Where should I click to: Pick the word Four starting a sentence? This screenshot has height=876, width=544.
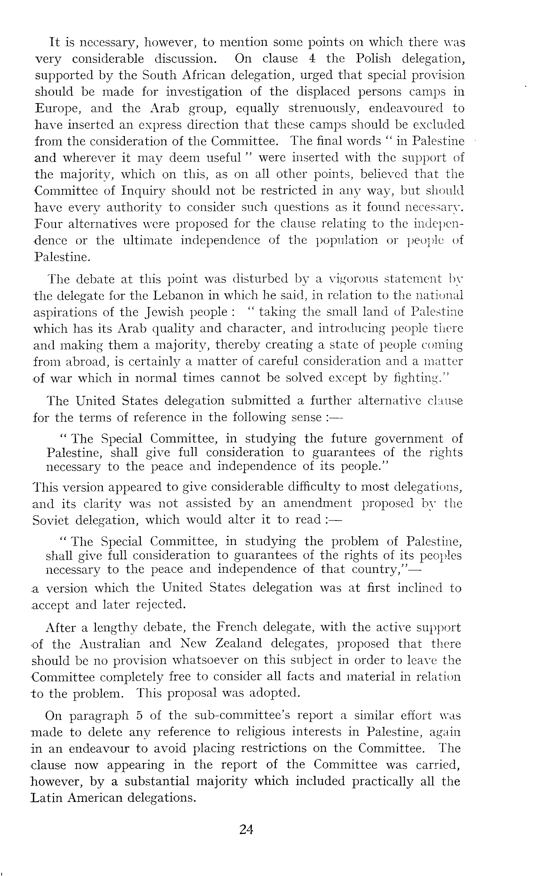click(49, 224)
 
